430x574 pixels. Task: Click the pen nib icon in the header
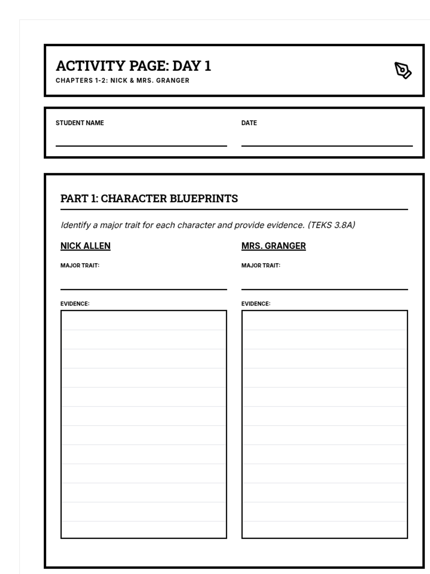(x=403, y=70)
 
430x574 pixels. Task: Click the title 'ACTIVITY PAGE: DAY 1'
(x=133, y=66)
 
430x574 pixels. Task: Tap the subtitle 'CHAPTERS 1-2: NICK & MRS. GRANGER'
(x=122, y=80)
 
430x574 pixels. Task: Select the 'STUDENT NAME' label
(x=80, y=123)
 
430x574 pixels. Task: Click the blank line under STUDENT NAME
(x=141, y=142)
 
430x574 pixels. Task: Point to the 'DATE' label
(x=249, y=123)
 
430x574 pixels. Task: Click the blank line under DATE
(x=327, y=142)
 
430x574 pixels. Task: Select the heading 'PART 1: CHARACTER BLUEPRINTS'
(x=149, y=198)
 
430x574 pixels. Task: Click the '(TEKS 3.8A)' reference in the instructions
(x=331, y=225)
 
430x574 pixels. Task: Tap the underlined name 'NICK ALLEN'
(x=85, y=246)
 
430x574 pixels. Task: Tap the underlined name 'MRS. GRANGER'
(x=273, y=246)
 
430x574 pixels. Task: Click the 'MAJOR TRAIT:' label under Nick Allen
(x=80, y=265)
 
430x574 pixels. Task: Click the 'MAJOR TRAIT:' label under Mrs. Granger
(x=261, y=265)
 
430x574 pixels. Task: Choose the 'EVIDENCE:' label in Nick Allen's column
(x=75, y=304)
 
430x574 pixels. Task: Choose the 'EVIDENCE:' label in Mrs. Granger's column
(x=256, y=304)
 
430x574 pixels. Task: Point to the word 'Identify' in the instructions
(x=75, y=225)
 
